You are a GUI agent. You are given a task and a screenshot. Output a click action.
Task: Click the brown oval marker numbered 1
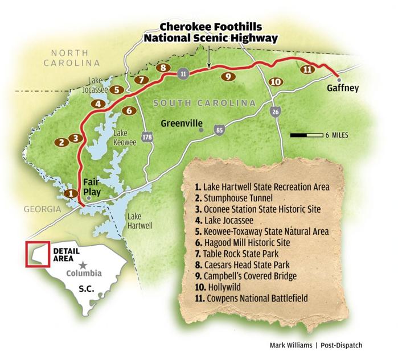(71, 193)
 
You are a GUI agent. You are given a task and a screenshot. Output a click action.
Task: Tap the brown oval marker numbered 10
(275, 82)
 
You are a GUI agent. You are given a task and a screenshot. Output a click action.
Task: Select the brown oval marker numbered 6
(129, 110)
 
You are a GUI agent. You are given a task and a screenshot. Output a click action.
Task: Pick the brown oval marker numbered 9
(228, 76)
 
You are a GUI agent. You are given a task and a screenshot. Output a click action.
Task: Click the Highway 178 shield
(148, 137)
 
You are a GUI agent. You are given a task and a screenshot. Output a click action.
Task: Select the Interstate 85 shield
(219, 130)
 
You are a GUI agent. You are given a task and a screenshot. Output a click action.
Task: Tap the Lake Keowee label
(125, 138)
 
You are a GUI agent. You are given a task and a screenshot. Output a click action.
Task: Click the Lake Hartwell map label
(139, 221)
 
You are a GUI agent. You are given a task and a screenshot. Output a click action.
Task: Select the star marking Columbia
(83, 265)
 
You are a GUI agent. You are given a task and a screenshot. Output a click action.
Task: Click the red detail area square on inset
(34, 254)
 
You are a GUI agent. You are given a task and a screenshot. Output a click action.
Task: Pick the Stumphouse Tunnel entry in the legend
(233, 198)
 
